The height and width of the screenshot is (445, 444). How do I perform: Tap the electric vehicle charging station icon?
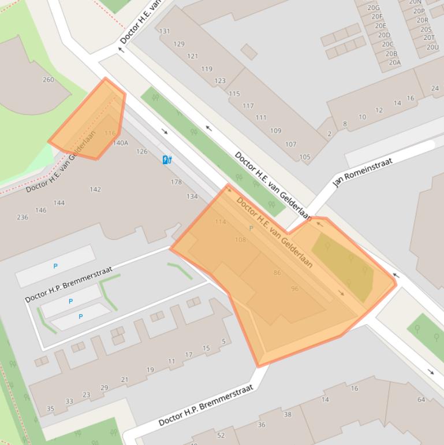pyautogui.click(x=167, y=160)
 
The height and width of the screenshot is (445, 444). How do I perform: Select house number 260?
pyautogui.click(x=48, y=80)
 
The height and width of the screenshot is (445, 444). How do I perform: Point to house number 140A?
pyautogui.click(x=121, y=143)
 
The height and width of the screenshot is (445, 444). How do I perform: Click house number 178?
pyautogui.click(x=176, y=182)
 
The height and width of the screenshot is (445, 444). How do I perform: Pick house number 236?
pyautogui.click(x=23, y=217)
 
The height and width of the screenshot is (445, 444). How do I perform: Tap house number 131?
pyautogui.click(x=165, y=31)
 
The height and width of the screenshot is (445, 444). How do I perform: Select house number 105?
pyautogui.click(x=304, y=157)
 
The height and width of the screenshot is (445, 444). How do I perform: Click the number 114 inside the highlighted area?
pyautogui.click(x=220, y=222)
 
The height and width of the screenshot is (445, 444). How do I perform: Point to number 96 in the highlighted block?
pyautogui.click(x=295, y=288)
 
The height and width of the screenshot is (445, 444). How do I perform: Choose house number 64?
pyautogui.click(x=421, y=399)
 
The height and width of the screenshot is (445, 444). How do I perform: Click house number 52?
pyautogui.click(x=221, y=435)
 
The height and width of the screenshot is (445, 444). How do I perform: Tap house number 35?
pyautogui.click(x=50, y=409)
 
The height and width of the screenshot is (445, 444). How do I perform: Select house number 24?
pyautogui.click(x=435, y=88)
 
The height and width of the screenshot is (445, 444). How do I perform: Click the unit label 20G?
pyautogui.click(x=374, y=8)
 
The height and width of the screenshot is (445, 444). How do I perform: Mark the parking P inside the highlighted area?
pyautogui.click(x=251, y=228)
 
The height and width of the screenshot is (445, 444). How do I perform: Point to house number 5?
pyautogui.click(x=224, y=341)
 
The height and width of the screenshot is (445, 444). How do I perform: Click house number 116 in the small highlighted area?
pyautogui.click(x=110, y=133)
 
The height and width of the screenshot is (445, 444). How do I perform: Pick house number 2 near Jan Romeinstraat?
pyautogui.click(x=329, y=134)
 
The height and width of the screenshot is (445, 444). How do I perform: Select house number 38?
pyautogui.click(x=288, y=414)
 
